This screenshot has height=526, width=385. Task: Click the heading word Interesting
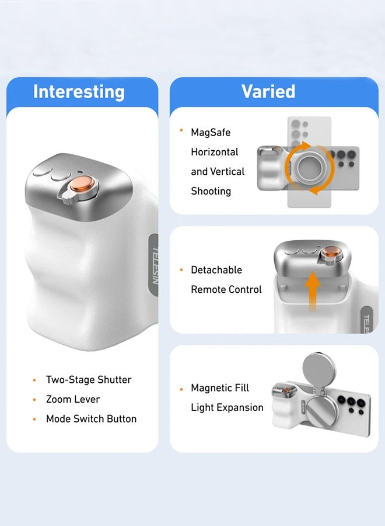tap(79, 92)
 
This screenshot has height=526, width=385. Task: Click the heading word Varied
tap(268, 91)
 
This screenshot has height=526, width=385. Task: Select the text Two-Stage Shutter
tap(89, 380)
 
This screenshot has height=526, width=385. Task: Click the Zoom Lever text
tap(73, 399)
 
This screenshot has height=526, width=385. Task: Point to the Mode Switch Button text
tap(91, 419)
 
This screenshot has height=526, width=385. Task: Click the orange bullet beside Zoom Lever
tap(34, 400)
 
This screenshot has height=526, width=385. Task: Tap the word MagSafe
tap(211, 133)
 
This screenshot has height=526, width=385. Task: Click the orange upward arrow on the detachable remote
tap(314, 290)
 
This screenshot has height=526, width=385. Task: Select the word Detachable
tap(216, 270)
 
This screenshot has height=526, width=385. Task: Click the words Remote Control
tap(226, 289)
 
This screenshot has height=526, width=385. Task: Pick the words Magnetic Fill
tap(220, 388)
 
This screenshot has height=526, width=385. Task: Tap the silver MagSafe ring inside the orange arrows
tap(309, 168)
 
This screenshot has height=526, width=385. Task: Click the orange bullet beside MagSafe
tap(181, 130)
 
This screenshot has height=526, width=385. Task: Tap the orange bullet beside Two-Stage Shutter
tap(34, 380)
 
